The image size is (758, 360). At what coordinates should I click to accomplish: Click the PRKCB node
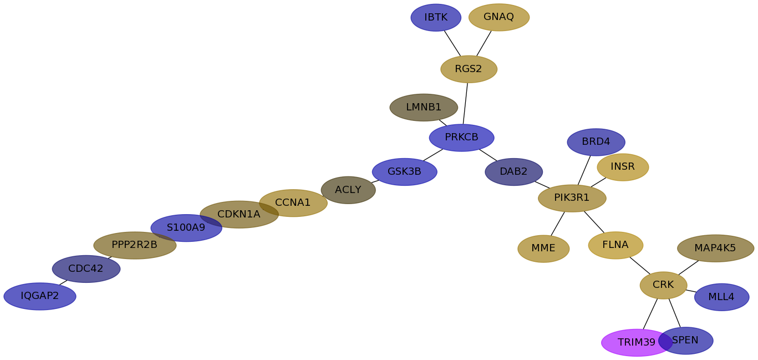(x=461, y=138)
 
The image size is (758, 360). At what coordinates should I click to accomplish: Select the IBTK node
(x=436, y=18)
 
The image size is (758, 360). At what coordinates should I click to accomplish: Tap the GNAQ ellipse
(x=499, y=17)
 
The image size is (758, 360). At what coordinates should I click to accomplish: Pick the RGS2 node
(x=469, y=69)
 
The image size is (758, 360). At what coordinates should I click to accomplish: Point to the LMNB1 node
(x=424, y=108)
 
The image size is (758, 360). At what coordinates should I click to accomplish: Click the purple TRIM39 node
(x=632, y=342)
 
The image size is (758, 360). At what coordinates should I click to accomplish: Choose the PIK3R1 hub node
(x=572, y=198)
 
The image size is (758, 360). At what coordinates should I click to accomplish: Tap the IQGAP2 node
(x=40, y=296)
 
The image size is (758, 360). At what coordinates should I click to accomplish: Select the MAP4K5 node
(x=715, y=249)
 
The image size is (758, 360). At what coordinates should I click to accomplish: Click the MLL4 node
(x=721, y=297)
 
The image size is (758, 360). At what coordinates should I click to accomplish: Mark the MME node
(x=543, y=249)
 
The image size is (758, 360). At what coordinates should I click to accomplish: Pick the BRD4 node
(x=596, y=142)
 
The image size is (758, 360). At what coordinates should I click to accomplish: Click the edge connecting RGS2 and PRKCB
(x=465, y=104)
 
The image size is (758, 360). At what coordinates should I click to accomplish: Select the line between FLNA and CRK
(x=640, y=266)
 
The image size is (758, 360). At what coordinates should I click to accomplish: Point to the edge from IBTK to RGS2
(x=452, y=43)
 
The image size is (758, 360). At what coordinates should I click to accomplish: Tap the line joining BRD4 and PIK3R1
(x=584, y=170)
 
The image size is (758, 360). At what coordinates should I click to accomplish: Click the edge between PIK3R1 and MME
(x=558, y=224)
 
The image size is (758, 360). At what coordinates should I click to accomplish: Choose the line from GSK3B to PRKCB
(x=433, y=155)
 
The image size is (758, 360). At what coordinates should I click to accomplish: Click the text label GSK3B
(x=404, y=172)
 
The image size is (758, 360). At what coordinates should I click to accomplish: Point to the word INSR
(x=623, y=166)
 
